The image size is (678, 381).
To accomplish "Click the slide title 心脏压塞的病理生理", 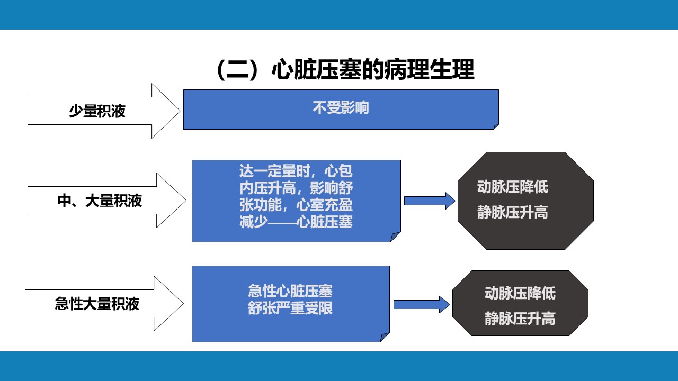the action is pyautogui.click(x=373, y=69).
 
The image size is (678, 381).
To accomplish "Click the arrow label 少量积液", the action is pyautogui.click(x=97, y=111).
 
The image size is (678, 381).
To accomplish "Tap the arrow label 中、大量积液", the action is pyautogui.click(x=100, y=201).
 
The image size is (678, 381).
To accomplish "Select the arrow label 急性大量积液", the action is pyautogui.click(x=97, y=304).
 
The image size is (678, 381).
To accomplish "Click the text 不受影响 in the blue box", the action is pyautogui.click(x=341, y=107).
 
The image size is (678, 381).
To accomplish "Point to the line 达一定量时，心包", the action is pyautogui.click(x=296, y=171).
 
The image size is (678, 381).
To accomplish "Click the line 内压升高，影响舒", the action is pyautogui.click(x=296, y=188).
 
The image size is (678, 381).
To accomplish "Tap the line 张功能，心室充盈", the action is pyautogui.click(x=296, y=205).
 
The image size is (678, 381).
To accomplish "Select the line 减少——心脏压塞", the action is pyautogui.click(x=296, y=222).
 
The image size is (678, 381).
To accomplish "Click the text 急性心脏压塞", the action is pyautogui.click(x=290, y=291).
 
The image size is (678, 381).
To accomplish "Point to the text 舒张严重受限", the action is pyautogui.click(x=290, y=308).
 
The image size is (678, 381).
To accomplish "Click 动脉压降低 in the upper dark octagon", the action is pyautogui.click(x=512, y=187).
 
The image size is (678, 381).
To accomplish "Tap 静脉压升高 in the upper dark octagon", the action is pyautogui.click(x=512, y=212).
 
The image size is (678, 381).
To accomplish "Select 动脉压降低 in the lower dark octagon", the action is pyautogui.click(x=520, y=293).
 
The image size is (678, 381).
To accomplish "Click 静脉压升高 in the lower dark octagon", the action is pyautogui.click(x=520, y=319).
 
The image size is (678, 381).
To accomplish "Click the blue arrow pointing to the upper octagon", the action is pyautogui.click(x=430, y=201).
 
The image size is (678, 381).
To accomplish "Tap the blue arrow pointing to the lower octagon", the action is pyautogui.click(x=422, y=304).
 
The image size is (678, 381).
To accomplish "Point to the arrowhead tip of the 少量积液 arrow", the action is pyautogui.click(x=181, y=111).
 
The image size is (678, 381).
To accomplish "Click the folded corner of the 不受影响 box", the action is pyautogui.click(x=496, y=126).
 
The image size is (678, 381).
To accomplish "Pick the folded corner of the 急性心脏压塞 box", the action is pyautogui.click(x=385, y=337).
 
